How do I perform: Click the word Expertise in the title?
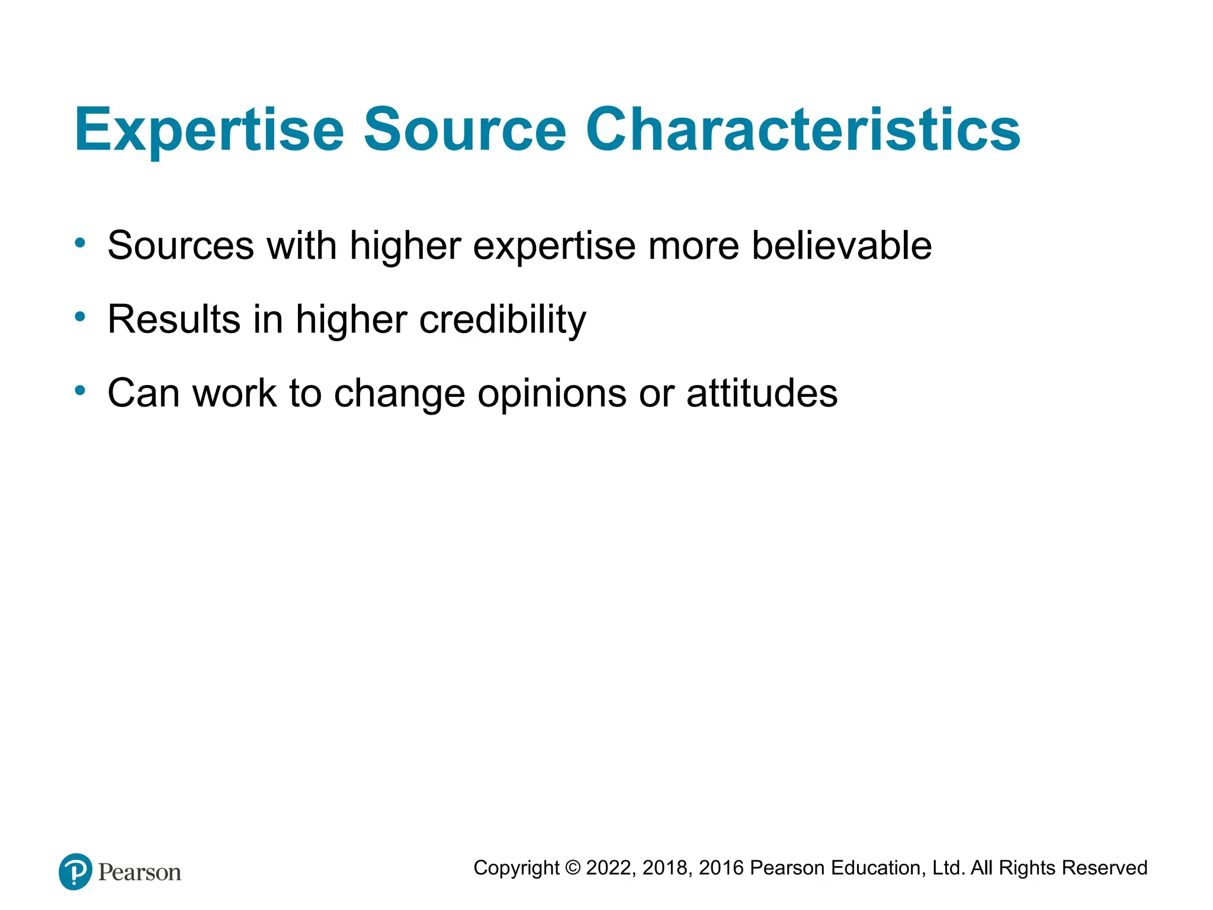[208, 130]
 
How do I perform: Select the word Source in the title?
[465, 130]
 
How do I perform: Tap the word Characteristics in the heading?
[803, 130]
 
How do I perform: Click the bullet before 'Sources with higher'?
[80, 242]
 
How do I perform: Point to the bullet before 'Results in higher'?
[80, 316]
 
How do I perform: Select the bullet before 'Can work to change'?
[80, 390]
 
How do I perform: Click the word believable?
[842, 245]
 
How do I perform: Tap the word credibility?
[502, 320]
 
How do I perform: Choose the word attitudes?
[762, 393]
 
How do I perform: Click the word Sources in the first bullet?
[180, 245]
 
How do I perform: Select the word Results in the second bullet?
[174, 320]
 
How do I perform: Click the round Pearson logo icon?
[75, 871]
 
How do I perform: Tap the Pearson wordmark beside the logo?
[140, 872]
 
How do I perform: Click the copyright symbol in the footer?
[572, 868]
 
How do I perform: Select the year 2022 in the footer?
[610, 868]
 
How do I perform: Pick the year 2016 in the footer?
[721, 868]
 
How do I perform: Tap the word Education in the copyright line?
[877, 868]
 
